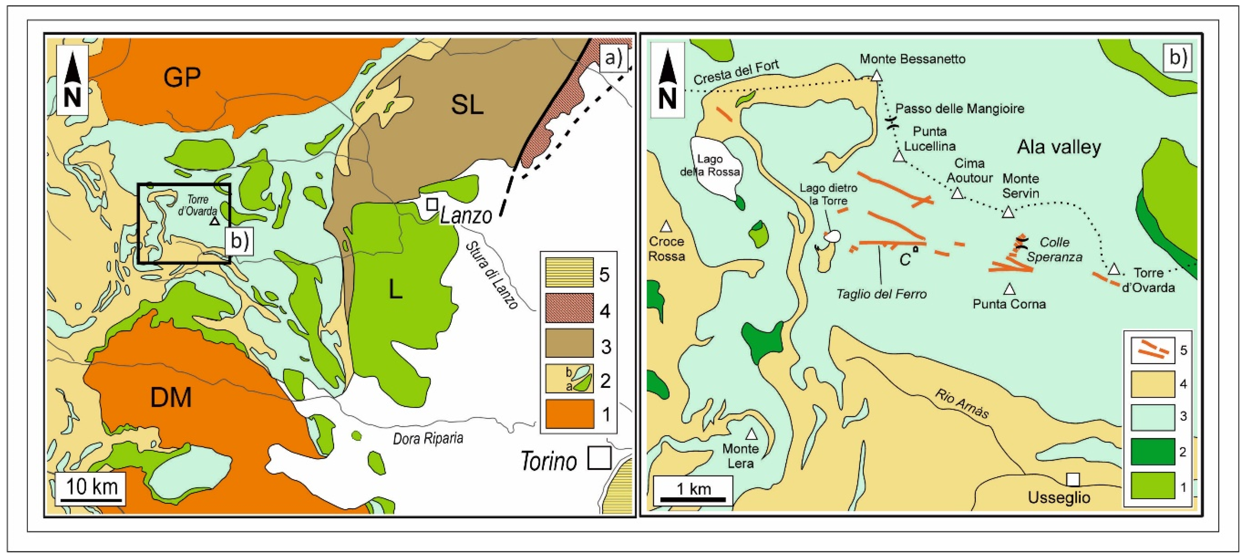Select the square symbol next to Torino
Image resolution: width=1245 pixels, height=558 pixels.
tap(599, 458)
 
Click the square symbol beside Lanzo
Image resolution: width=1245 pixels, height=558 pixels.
tap(432, 204)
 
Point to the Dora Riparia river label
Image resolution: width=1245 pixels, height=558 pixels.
tap(428, 439)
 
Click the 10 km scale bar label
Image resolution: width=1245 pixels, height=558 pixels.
tap(92, 486)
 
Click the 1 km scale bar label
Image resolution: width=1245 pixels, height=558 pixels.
tap(694, 489)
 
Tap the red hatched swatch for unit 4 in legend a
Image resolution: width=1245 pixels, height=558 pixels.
tap(569, 308)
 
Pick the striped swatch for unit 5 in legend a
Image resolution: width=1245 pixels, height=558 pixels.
tap(569, 272)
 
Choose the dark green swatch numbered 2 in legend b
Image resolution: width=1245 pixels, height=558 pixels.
tap(1153, 451)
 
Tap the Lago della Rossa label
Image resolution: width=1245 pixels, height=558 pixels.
tap(710, 165)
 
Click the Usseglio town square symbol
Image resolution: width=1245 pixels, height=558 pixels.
tap(1073, 479)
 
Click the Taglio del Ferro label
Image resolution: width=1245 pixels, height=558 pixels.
tap(881, 294)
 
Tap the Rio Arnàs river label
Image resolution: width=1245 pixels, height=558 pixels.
tap(961, 404)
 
